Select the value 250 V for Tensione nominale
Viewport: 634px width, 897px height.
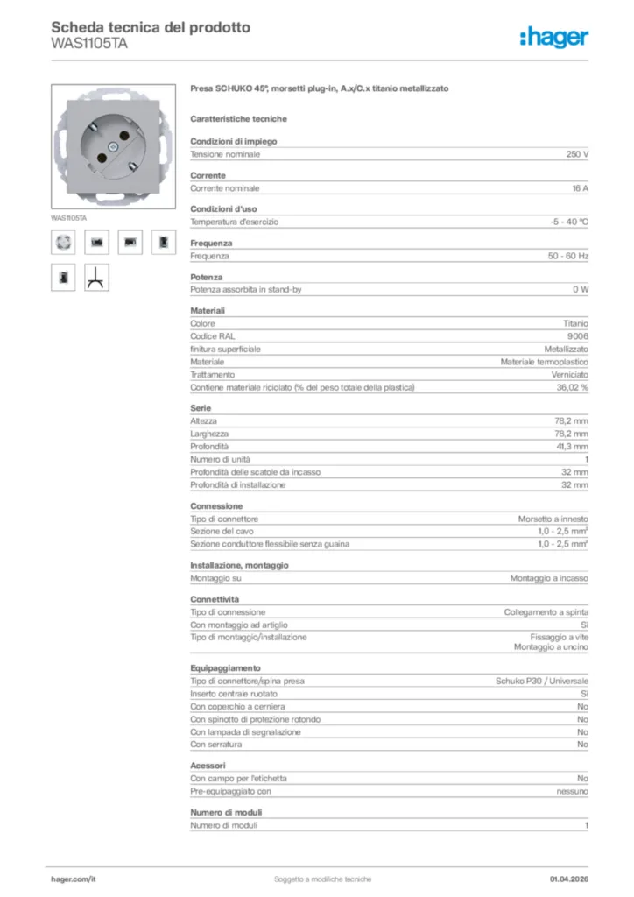[x=574, y=154]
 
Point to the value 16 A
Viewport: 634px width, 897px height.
[x=579, y=188]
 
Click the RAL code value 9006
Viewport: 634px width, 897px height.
[x=578, y=336]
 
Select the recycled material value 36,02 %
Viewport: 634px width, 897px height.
[x=572, y=388]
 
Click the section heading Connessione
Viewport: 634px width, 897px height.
[x=216, y=506]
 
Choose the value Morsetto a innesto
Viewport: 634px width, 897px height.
[x=553, y=519]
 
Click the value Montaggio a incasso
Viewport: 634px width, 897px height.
[x=549, y=579]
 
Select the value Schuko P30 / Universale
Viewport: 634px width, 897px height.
[x=542, y=681]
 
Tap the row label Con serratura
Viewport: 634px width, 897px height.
[x=216, y=745]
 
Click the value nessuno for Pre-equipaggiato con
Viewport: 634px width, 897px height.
[x=573, y=792]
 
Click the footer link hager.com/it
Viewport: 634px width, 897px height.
[x=73, y=879]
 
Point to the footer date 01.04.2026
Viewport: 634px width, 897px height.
[x=569, y=879]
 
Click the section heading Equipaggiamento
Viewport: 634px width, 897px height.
[x=225, y=667]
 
